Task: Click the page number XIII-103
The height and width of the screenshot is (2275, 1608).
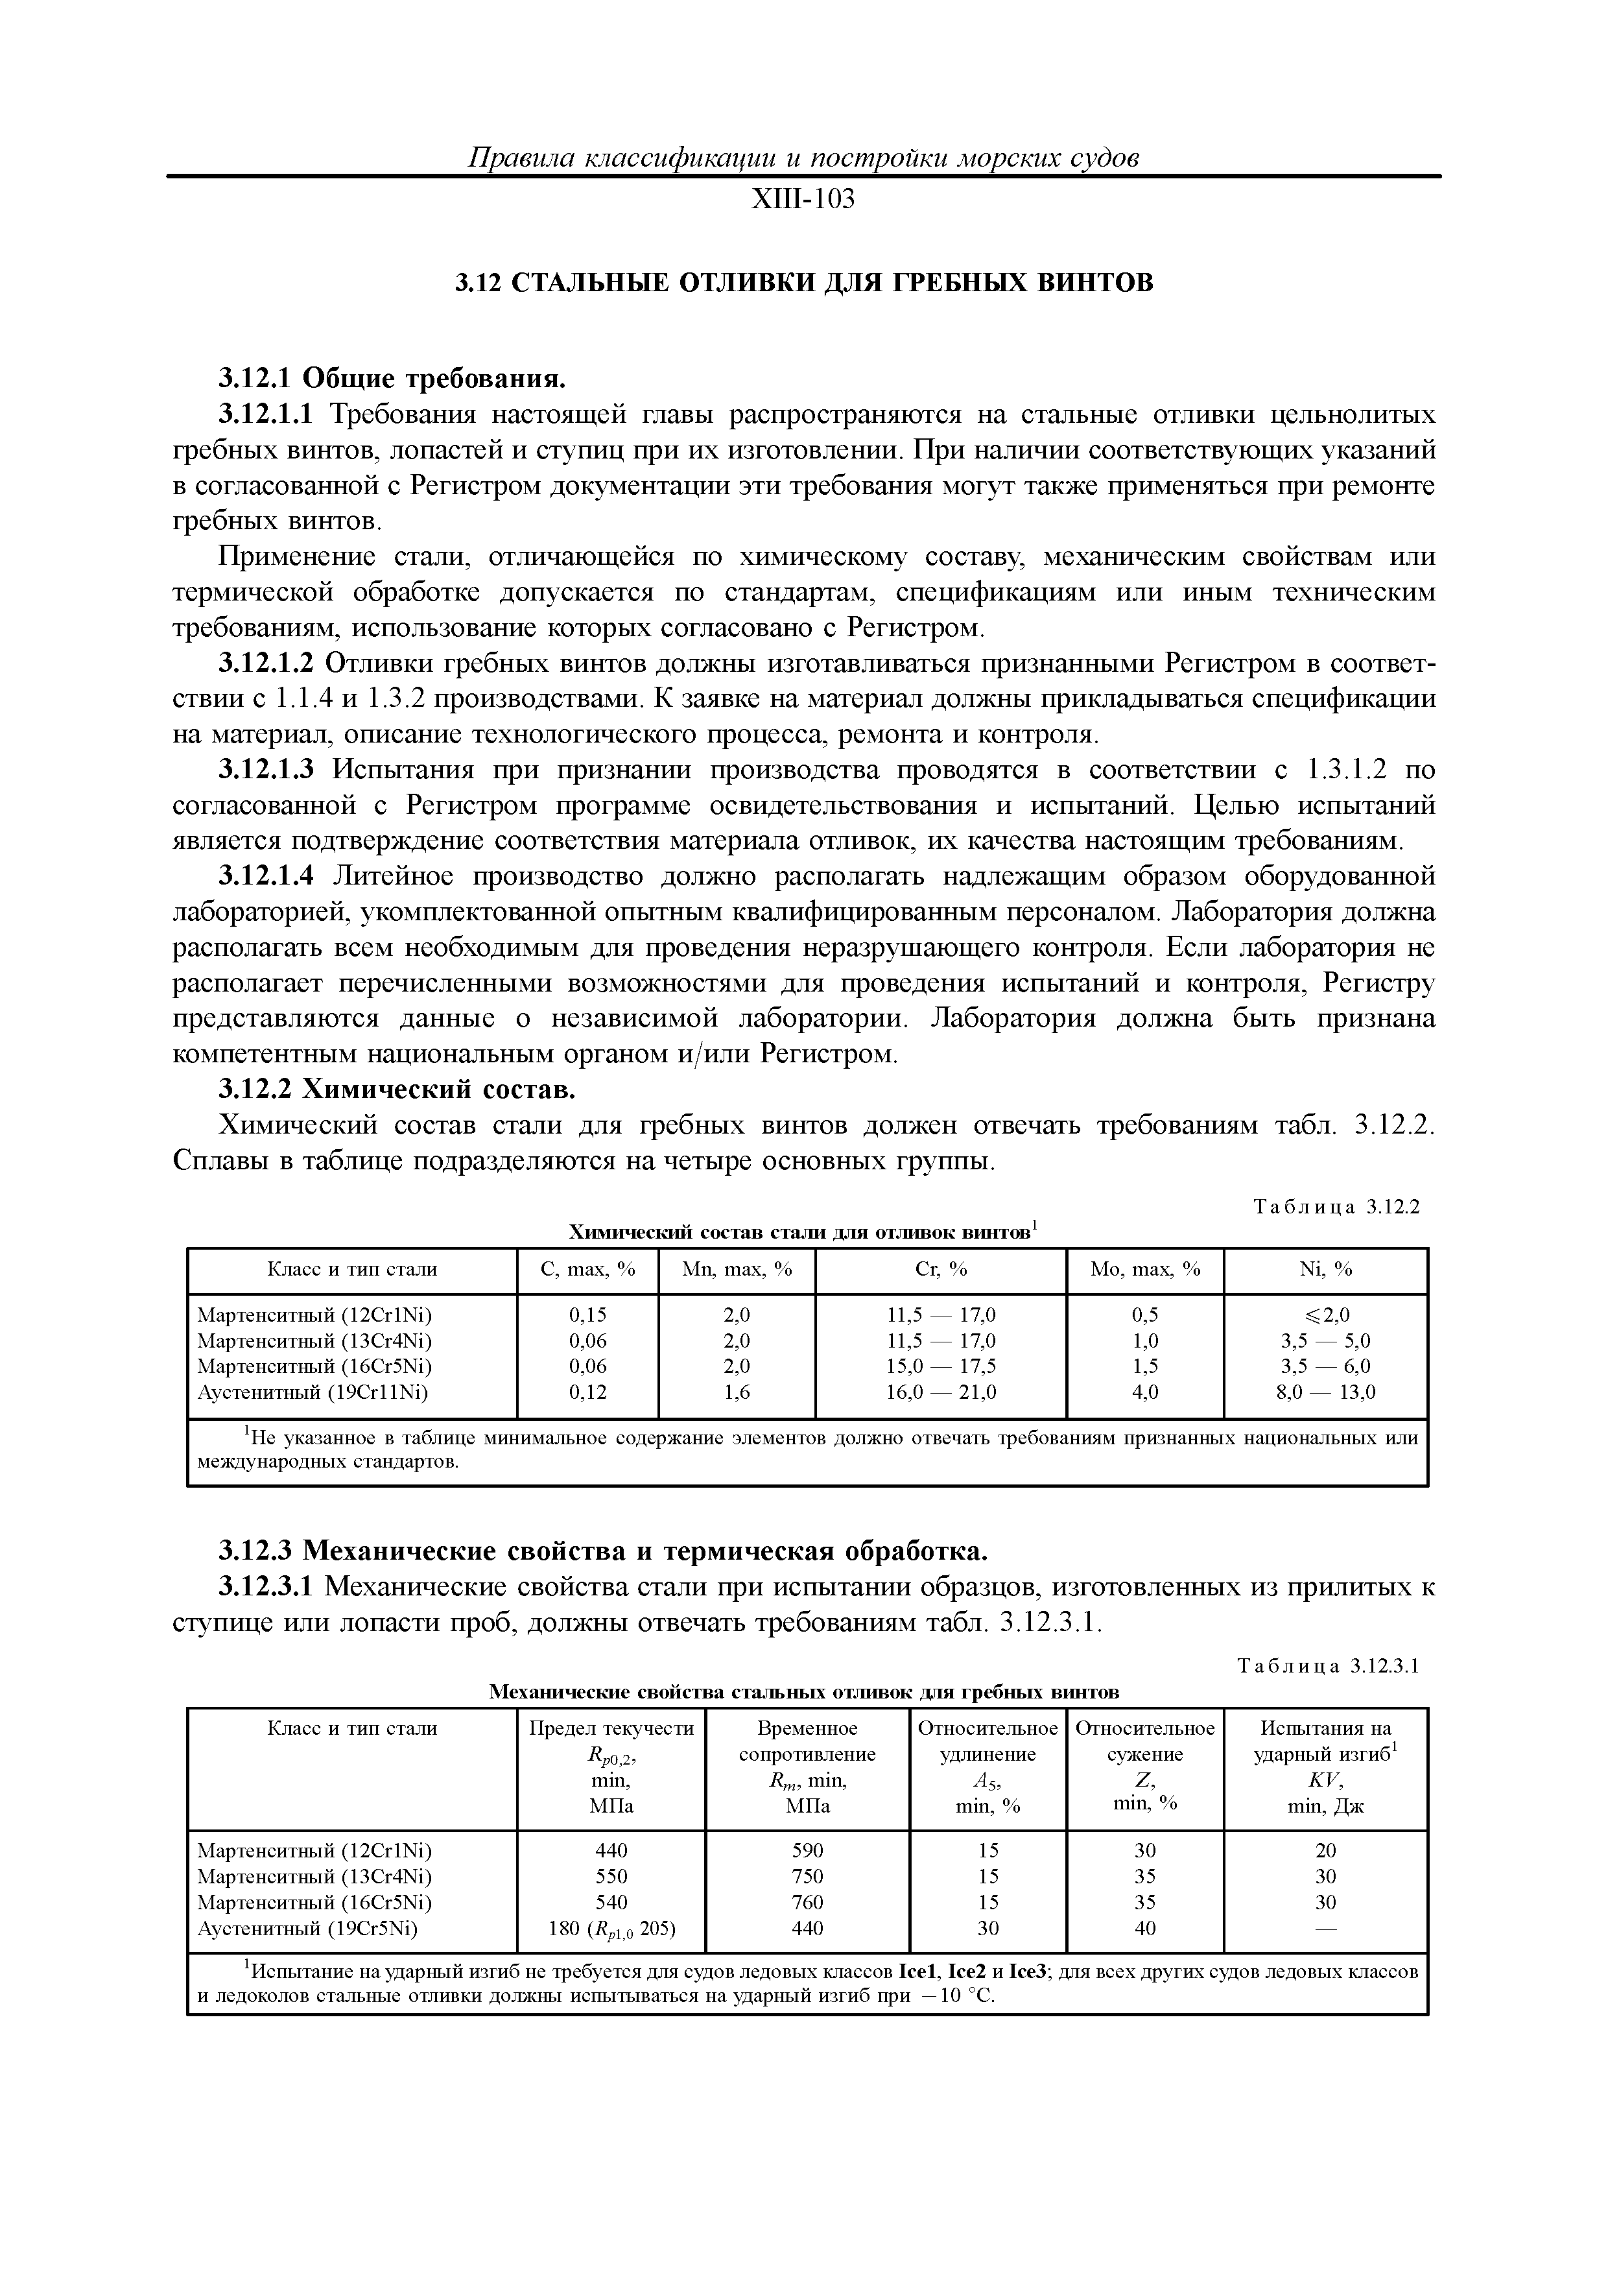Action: [803, 200]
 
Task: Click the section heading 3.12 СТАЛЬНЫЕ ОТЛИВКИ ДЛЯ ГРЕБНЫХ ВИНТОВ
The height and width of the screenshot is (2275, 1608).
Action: [803, 283]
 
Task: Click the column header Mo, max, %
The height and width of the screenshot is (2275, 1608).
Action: [1144, 1269]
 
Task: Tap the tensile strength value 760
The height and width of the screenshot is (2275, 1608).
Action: [807, 1903]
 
